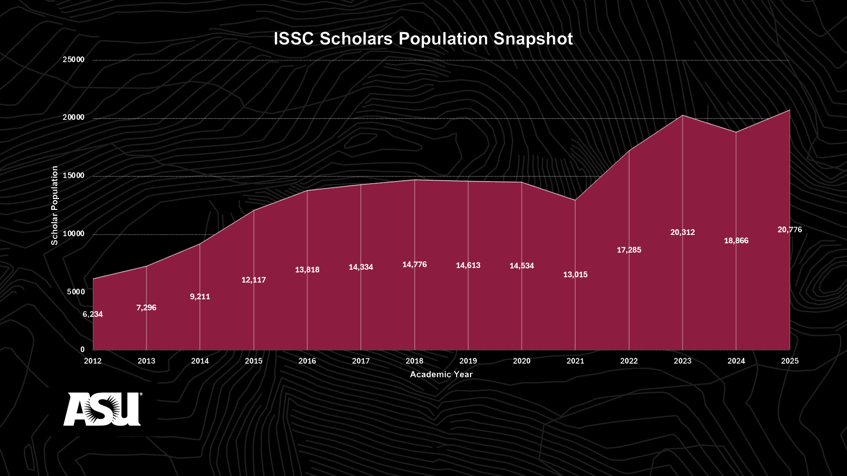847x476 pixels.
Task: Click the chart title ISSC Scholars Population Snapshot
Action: point(423,39)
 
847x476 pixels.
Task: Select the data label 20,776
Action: point(790,230)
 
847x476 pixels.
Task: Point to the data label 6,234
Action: point(93,314)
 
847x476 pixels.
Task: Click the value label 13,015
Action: point(575,275)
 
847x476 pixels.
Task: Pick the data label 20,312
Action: point(682,232)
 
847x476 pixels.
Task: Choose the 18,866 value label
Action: point(736,241)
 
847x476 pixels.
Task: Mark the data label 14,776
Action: point(414,264)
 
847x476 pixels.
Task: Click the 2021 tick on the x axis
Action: point(575,361)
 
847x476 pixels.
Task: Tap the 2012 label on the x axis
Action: point(93,361)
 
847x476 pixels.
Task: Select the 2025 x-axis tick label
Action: point(790,361)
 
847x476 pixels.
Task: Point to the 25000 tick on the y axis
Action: point(74,59)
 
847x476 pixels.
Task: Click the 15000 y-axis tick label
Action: point(74,175)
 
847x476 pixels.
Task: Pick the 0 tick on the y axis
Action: point(82,350)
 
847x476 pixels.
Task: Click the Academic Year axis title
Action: point(441,374)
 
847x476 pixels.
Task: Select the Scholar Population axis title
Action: point(55,205)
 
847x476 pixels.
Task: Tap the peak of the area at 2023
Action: point(682,115)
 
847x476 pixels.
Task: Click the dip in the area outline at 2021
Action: point(575,200)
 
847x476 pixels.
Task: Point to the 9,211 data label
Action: point(200,297)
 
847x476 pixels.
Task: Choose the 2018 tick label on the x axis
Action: point(414,361)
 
